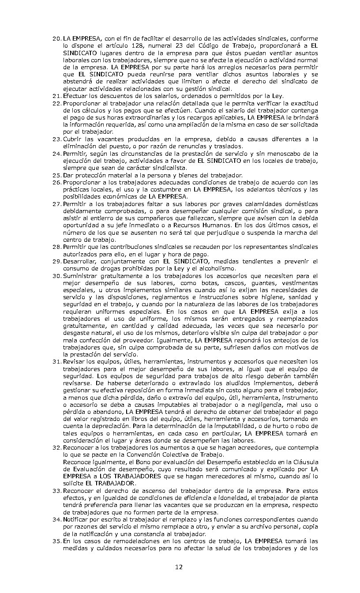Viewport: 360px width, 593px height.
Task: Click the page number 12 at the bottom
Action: pos(179,567)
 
